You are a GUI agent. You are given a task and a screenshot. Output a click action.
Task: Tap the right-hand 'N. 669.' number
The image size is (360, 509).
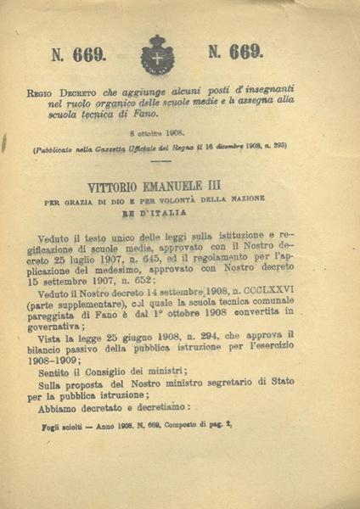(x=235, y=52)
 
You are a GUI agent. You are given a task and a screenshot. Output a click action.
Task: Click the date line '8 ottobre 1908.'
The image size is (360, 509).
(x=156, y=133)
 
